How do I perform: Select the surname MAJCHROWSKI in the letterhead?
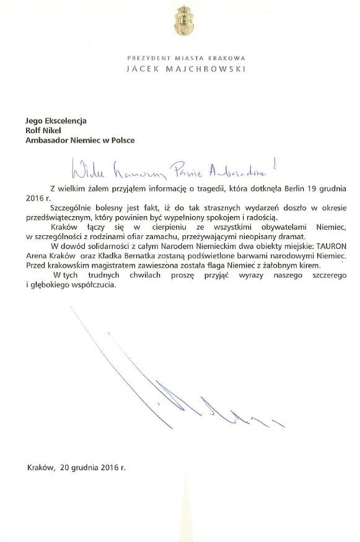209,69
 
